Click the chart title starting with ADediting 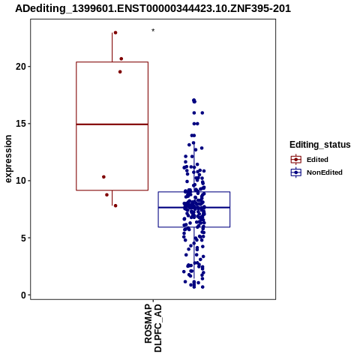pyautogui.click(x=153, y=9)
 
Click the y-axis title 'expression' pyautogui.click(x=8, y=159)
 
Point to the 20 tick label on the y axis pyautogui.click(x=21, y=67)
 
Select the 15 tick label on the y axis pyautogui.click(x=21, y=124)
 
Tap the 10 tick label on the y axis pyautogui.click(x=21, y=181)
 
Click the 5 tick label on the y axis pyautogui.click(x=23, y=238)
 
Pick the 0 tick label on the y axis pyautogui.click(x=23, y=295)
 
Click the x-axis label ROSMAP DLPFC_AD pyautogui.click(x=153, y=328)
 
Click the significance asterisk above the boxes pyautogui.click(x=153, y=31)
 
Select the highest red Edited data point pyautogui.click(x=115, y=33)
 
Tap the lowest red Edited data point pyautogui.click(x=115, y=205)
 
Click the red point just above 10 pyautogui.click(x=103, y=177)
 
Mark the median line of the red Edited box pyautogui.click(x=112, y=124)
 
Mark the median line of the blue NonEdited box pyautogui.click(x=194, y=208)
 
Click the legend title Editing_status pyautogui.click(x=320, y=145)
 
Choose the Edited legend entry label pyautogui.click(x=317, y=160)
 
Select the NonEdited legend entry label pyautogui.click(x=325, y=172)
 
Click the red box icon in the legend pyautogui.click(x=296, y=160)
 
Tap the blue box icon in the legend pyautogui.click(x=296, y=172)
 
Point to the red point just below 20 pyautogui.click(x=120, y=72)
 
